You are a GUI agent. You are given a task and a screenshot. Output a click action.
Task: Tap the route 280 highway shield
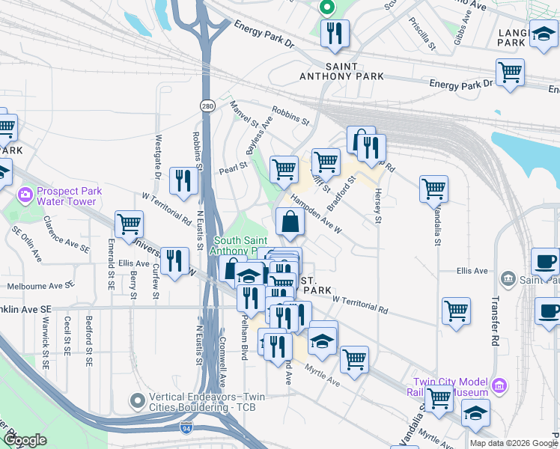point(207,106)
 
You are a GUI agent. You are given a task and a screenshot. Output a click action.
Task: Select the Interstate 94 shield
point(185,428)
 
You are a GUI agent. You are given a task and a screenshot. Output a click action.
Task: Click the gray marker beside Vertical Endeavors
point(137,401)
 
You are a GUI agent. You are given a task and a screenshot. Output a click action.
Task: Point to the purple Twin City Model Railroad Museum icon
point(499,386)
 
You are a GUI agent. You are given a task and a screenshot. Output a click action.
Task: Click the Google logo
point(25,440)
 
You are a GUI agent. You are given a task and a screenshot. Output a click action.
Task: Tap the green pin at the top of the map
point(326,8)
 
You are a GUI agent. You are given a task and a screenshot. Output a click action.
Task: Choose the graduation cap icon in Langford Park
point(543,34)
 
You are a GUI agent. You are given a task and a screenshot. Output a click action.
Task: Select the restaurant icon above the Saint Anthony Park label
point(334,34)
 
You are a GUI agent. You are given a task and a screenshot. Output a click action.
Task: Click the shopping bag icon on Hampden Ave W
point(290,222)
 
